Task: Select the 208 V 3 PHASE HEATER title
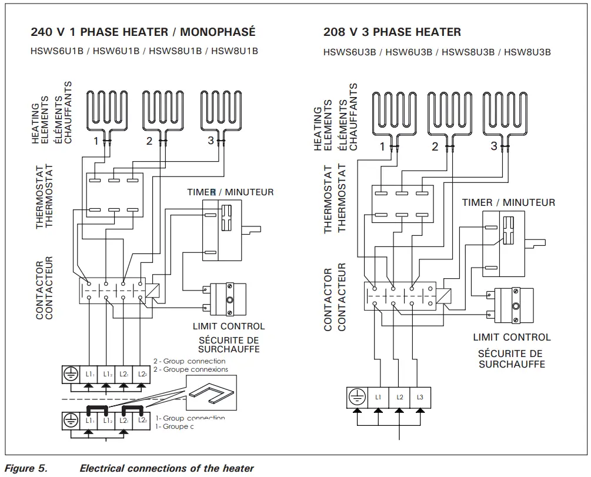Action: point(392,32)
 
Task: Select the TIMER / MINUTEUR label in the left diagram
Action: point(231,192)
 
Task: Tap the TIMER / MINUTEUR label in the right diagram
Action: point(508,202)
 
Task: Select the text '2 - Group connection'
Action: point(189,361)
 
